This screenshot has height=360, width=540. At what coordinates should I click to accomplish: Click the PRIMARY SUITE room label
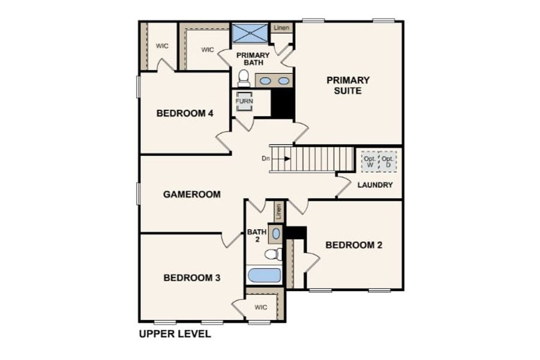(x=348, y=85)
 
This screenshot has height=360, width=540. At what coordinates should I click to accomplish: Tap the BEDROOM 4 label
(x=185, y=113)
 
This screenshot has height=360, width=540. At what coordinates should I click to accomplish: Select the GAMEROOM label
(x=192, y=194)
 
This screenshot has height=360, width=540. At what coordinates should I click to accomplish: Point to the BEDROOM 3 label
(x=192, y=278)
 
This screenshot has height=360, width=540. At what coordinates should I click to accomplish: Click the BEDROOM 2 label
(x=354, y=245)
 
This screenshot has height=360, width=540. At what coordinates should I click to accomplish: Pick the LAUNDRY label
(x=375, y=185)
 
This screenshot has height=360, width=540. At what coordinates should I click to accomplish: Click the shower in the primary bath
(x=250, y=33)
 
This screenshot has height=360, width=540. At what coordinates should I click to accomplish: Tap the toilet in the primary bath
(x=244, y=79)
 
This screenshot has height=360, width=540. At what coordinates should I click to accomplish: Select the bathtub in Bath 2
(x=265, y=275)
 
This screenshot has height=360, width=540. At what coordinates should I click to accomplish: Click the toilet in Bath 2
(x=274, y=254)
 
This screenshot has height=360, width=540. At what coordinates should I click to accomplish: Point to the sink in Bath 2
(x=276, y=233)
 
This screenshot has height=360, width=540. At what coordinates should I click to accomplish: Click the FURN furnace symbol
(x=244, y=101)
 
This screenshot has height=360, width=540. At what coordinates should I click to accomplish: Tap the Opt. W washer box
(x=370, y=161)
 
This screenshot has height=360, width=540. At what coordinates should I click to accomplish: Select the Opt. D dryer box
(x=388, y=161)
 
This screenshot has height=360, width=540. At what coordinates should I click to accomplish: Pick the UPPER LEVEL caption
(x=175, y=334)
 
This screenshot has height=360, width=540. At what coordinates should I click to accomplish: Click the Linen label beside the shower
(x=282, y=28)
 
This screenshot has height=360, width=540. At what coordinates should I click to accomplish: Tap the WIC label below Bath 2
(x=261, y=307)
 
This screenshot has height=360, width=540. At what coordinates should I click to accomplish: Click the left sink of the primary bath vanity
(x=265, y=81)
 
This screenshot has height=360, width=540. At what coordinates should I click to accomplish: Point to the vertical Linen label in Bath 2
(x=278, y=212)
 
